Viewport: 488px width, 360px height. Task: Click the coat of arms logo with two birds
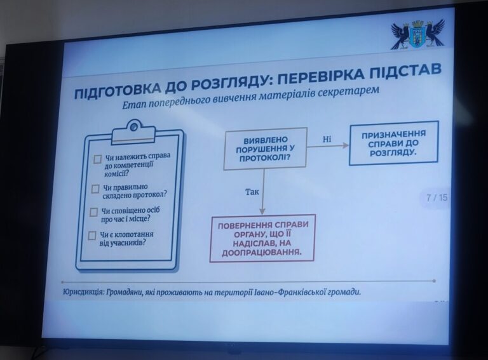(x=417, y=34)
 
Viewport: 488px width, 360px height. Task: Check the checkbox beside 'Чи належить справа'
(x=97, y=159)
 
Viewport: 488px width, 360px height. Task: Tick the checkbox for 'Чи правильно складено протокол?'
(x=95, y=189)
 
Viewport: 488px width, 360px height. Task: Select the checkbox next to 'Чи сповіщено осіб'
(x=93, y=212)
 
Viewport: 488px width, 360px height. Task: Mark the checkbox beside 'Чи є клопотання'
(x=91, y=236)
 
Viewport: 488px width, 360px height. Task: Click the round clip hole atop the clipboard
(x=134, y=126)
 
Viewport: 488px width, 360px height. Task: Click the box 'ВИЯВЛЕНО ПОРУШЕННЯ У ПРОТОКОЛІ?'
(x=265, y=149)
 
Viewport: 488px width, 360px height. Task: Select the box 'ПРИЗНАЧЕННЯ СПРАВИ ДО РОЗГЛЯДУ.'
(x=394, y=143)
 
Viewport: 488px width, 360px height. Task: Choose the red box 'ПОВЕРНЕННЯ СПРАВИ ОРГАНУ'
(x=262, y=238)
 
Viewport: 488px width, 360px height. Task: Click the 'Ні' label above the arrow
(x=327, y=139)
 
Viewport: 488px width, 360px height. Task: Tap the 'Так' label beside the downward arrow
(x=252, y=192)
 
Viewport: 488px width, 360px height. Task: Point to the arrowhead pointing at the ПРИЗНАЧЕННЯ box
(x=346, y=145)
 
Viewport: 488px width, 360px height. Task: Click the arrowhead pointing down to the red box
(x=262, y=211)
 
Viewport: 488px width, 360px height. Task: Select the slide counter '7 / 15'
(x=437, y=197)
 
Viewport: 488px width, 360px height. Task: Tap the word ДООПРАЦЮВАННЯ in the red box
(x=262, y=252)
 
